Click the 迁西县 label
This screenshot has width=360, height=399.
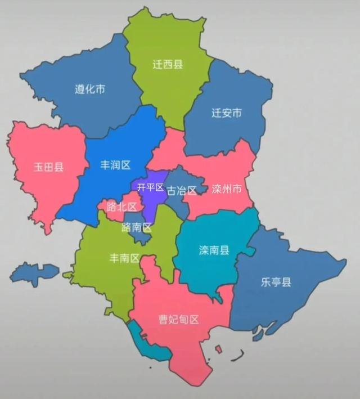(x=168, y=64)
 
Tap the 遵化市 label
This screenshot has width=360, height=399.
(x=90, y=89)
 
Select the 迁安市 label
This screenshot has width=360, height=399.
(x=227, y=113)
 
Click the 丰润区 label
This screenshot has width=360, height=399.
(x=115, y=165)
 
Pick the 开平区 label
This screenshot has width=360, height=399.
(x=150, y=187)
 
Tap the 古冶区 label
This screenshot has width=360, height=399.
(x=182, y=190)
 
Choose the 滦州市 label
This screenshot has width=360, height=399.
(x=227, y=189)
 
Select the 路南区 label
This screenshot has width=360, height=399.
(x=137, y=227)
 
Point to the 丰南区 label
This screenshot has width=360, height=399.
(x=124, y=258)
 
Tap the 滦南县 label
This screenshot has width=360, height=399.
(x=214, y=250)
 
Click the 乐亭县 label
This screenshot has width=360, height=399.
(x=276, y=282)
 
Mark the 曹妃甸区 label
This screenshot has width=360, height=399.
(x=179, y=320)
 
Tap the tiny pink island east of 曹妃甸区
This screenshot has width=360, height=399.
(x=218, y=349)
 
